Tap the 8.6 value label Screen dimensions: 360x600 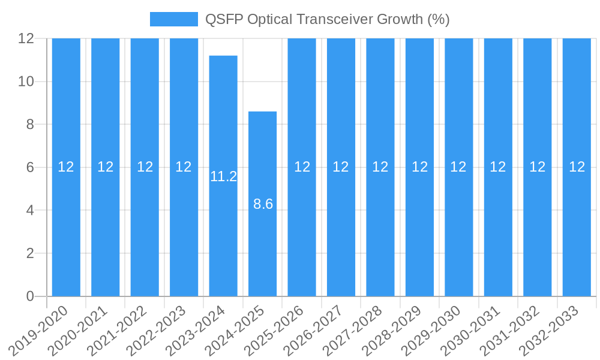click(263, 204)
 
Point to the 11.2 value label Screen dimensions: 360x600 click(223, 176)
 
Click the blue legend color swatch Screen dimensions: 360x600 click(173, 19)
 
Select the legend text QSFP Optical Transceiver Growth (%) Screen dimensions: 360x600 click(327, 19)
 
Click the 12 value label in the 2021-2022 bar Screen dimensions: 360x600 click(145, 167)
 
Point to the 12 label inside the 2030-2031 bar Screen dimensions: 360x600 click(498, 167)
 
